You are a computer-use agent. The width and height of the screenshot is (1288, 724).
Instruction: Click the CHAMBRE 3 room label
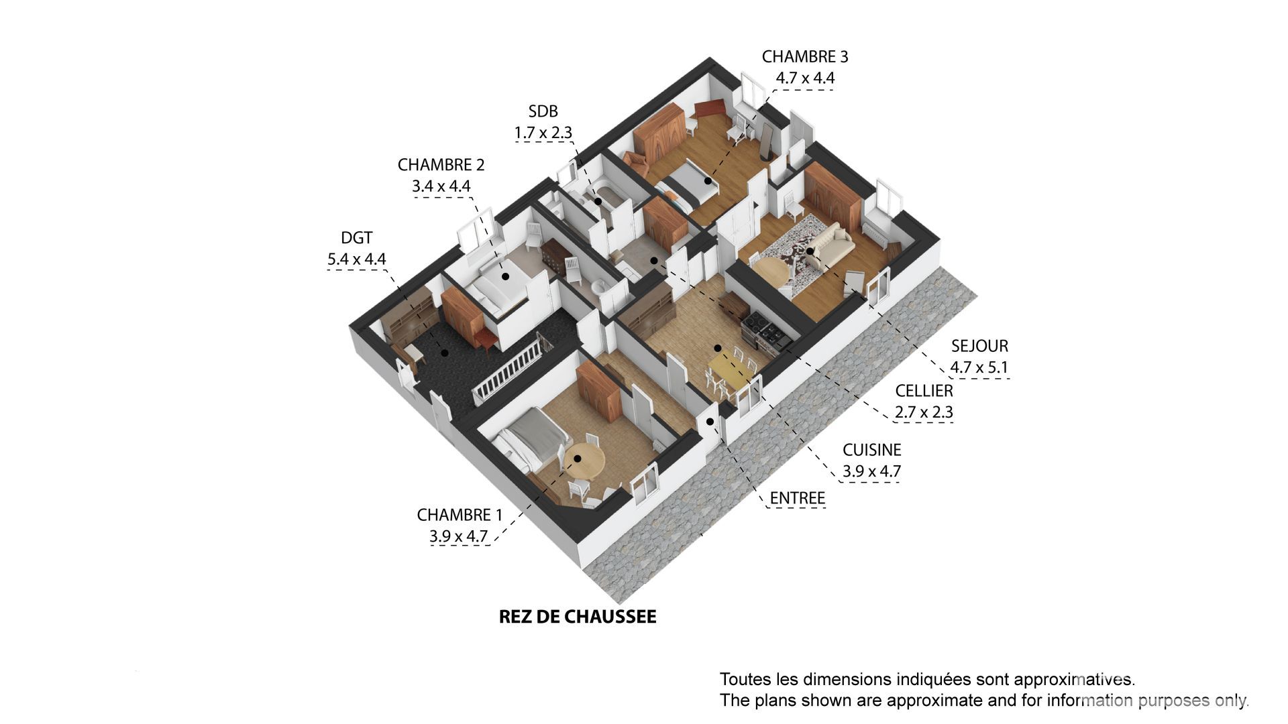tap(805, 57)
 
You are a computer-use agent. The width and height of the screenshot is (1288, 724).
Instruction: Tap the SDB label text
tap(543, 111)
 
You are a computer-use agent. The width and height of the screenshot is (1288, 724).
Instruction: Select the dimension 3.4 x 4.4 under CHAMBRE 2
tap(441, 186)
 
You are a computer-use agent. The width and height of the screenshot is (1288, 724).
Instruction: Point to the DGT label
tap(356, 238)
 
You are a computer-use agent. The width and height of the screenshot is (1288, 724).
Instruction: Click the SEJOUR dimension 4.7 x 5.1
tap(979, 367)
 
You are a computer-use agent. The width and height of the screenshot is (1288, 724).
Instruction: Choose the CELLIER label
tap(924, 391)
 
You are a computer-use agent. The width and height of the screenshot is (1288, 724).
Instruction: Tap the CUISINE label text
tap(871, 450)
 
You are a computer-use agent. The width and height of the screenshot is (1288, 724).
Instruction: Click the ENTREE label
tap(797, 498)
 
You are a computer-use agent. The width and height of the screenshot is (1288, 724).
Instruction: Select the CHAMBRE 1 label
tap(460, 515)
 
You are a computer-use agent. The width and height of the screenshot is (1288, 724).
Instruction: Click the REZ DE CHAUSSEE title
tap(578, 617)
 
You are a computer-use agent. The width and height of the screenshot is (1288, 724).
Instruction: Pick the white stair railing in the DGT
tap(510, 373)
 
